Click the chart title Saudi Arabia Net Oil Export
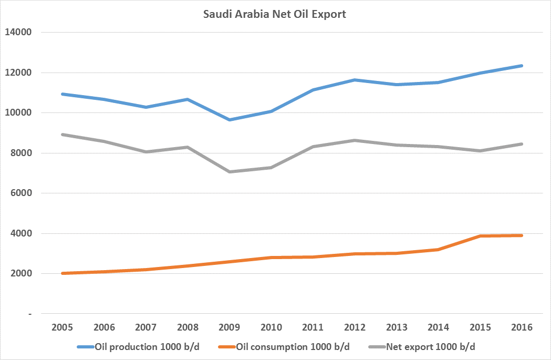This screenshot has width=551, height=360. click(x=274, y=14)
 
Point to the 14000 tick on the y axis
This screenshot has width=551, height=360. click(x=18, y=32)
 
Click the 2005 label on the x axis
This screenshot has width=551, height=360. click(x=62, y=327)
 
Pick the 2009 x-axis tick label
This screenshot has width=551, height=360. click(x=229, y=327)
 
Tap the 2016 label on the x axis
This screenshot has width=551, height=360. click(x=522, y=327)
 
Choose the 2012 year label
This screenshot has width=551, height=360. click(x=355, y=327)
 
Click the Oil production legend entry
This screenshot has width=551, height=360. click(x=139, y=347)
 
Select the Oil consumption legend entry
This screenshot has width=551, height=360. click(x=284, y=347)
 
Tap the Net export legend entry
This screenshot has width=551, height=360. click(x=422, y=347)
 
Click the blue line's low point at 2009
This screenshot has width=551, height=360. click(x=230, y=120)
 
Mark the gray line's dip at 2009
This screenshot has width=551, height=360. click(x=230, y=172)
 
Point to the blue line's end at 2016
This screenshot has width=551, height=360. click(x=522, y=66)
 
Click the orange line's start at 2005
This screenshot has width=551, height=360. click(x=62, y=273)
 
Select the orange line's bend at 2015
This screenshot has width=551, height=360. click(x=480, y=236)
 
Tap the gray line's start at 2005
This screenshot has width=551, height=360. click(x=62, y=135)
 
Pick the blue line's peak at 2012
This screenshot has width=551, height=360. click(x=355, y=80)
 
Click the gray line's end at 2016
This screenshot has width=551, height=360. click(x=522, y=144)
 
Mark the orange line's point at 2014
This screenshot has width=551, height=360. click(x=438, y=249)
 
